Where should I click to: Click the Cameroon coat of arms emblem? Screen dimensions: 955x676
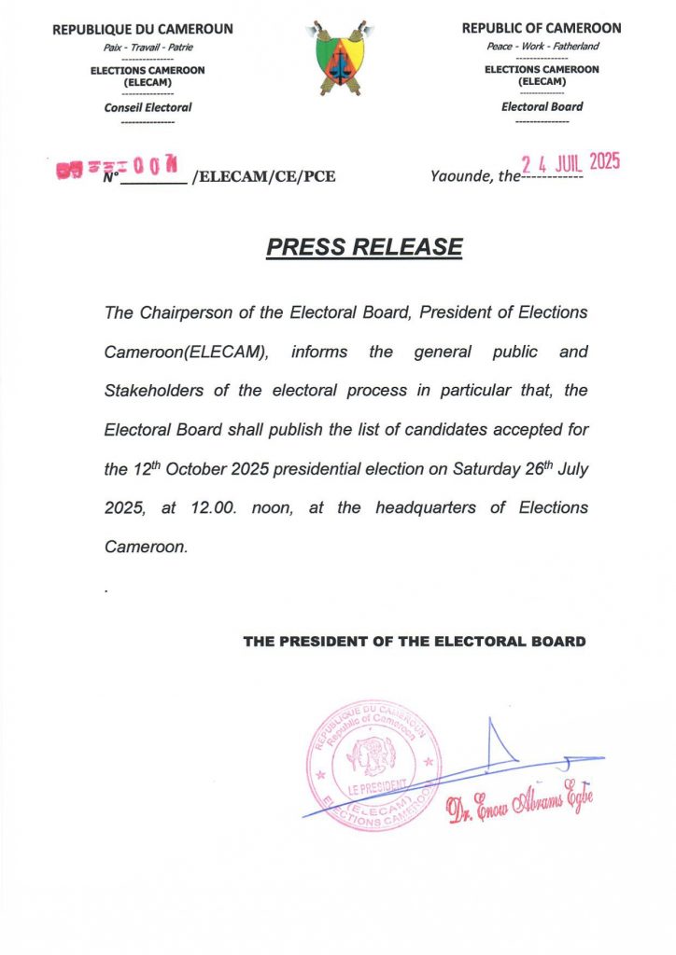[337, 59]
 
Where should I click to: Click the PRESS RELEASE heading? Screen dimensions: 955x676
[364, 247]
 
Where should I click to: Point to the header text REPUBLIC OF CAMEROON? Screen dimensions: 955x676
[541, 29]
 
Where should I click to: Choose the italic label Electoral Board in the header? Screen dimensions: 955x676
[542, 106]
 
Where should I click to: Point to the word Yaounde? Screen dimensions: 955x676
[460, 175]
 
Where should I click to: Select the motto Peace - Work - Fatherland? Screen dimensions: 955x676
[542, 46]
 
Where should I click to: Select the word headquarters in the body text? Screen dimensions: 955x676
[433, 508]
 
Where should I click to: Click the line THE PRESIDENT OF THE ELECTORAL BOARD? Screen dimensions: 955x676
[415, 642]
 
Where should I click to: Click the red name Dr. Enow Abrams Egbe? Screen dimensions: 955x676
[520, 805]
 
